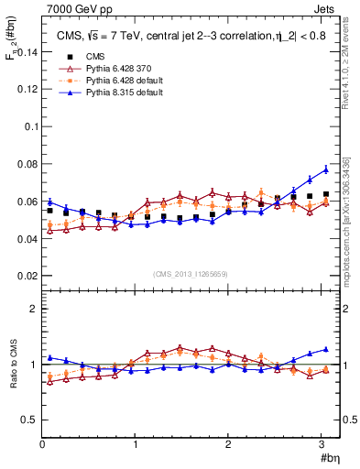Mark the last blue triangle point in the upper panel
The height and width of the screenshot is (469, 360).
(x=325, y=169)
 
